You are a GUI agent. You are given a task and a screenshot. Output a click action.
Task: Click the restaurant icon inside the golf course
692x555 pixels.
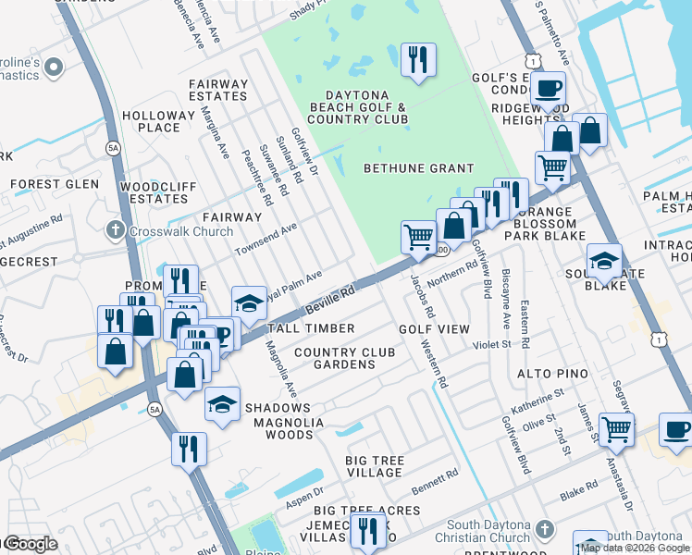[x=418, y=60]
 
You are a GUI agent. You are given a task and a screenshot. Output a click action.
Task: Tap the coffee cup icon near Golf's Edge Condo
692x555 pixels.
[x=549, y=88]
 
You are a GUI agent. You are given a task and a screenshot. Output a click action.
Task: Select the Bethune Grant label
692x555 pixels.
[x=418, y=168]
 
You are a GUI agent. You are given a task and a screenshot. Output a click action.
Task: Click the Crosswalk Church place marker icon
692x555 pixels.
[x=116, y=229]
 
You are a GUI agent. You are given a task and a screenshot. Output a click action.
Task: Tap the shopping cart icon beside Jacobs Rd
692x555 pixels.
[x=418, y=237]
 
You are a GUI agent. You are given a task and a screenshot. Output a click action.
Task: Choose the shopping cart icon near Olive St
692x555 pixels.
[x=616, y=428]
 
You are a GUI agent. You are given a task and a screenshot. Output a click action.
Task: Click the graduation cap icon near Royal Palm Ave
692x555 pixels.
[x=249, y=302]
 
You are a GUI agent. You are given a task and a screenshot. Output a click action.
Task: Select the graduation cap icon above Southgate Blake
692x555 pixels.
[x=604, y=260]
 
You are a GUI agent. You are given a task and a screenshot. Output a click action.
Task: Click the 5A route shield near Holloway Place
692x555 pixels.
[x=113, y=147]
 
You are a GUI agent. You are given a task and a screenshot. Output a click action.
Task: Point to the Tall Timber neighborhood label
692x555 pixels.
[x=311, y=328]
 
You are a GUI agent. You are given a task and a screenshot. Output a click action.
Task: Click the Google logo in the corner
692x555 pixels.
[x=30, y=544]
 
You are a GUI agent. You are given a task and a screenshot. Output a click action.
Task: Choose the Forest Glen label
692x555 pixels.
[x=56, y=184]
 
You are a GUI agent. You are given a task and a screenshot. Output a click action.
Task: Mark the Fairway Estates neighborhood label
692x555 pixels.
[x=218, y=90]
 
